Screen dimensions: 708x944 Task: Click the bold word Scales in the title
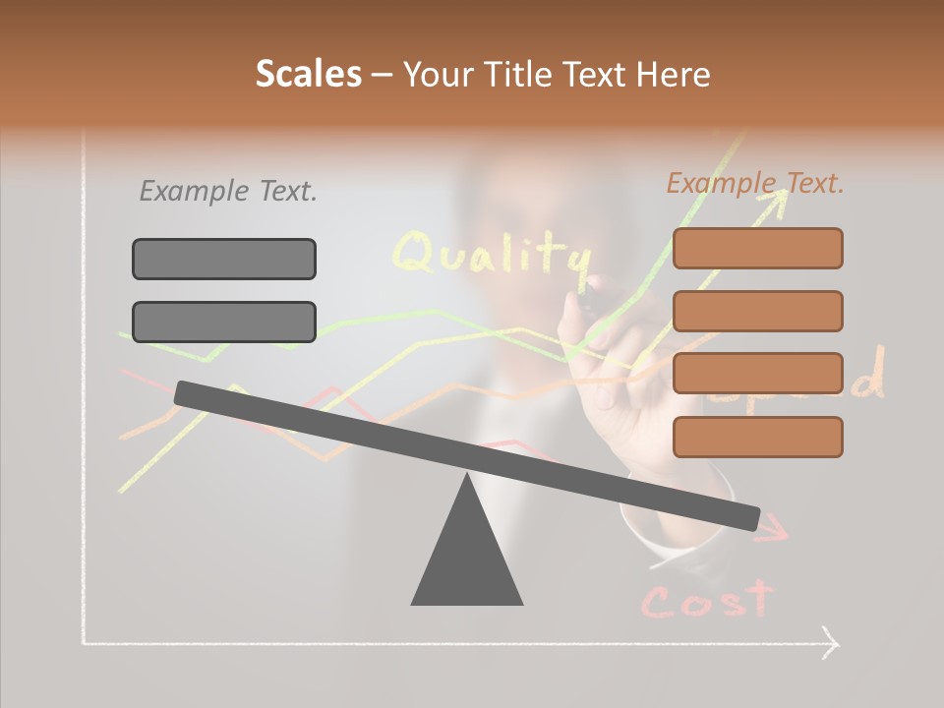point(308,74)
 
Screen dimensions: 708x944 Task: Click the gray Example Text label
point(228,192)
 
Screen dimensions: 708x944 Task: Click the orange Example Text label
point(755,183)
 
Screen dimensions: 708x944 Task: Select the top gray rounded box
point(224,259)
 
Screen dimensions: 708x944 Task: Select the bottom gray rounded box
point(224,322)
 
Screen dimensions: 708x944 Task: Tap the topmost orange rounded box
point(757,248)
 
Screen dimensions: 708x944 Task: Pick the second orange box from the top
point(757,311)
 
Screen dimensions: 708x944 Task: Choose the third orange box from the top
point(757,373)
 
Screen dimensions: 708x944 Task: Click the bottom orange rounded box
point(757,437)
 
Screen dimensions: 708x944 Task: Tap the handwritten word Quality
point(492,255)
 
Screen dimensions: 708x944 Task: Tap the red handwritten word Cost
point(706,599)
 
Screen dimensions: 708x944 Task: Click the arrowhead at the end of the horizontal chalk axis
point(831,644)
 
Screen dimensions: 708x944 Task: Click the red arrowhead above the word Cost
point(777,531)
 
